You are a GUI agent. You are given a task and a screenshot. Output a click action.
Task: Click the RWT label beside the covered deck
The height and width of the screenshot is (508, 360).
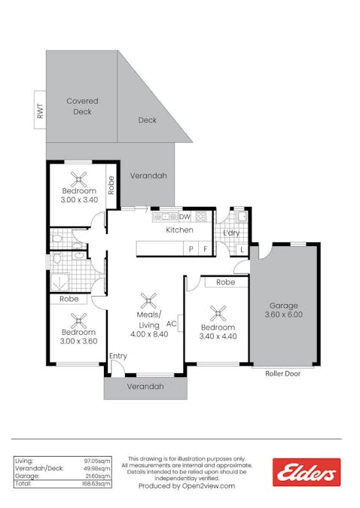[x=40, y=111]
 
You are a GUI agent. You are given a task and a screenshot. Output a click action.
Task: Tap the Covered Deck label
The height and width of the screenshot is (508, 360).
[x=82, y=106]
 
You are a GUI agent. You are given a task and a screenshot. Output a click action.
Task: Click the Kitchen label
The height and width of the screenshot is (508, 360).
[x=179, y=230]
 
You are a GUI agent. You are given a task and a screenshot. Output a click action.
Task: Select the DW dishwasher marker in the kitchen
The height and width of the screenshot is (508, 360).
[x=185, y=216]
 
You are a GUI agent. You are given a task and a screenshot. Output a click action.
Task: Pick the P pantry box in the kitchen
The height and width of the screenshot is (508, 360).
[x=191, y=248]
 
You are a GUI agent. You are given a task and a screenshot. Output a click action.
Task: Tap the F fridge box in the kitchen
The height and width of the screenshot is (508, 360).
[x=205, y=248]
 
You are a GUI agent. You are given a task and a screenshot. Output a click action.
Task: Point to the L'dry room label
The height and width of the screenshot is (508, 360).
[x=230, y=233]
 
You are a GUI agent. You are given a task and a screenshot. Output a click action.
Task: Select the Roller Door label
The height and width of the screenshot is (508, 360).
[x=282, y=373]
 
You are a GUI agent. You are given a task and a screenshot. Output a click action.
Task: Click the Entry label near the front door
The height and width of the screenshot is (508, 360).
[x=118, y=356]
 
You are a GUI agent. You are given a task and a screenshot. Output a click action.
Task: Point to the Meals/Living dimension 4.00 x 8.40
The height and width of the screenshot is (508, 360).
[x=148, y=333]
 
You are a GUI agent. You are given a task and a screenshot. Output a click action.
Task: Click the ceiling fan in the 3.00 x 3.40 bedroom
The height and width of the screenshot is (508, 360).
[x=78, y=179]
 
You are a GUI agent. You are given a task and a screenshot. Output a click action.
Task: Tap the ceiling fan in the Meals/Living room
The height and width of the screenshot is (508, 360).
[x=150, y=300]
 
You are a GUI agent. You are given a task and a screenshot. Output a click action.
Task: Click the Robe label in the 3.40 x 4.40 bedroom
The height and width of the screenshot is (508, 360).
[x=225, y=282]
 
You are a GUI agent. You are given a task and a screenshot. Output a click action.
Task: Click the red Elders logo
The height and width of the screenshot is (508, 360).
[x=306, y=472]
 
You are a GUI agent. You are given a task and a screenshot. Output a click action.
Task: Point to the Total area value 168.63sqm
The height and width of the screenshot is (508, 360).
[x=98, y=484]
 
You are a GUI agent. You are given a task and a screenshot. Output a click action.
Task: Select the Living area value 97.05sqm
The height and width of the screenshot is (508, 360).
[x=99, y=459]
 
